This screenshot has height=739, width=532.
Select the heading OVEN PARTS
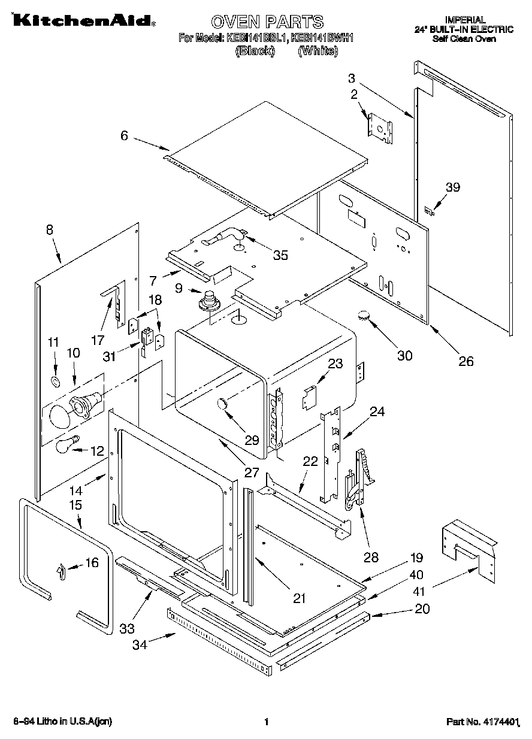[x=267, y=22]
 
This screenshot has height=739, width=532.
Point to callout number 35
[x=280, y=256]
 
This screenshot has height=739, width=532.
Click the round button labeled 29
[x=222, y=404]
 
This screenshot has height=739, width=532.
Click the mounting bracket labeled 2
[x=380, y=127]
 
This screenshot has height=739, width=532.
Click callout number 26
[x=465, y=361]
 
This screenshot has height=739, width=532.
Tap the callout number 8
[x=49, y=229]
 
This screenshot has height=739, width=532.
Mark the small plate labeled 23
[x=309, y=396]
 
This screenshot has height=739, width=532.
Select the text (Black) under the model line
[x=255, y=52]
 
